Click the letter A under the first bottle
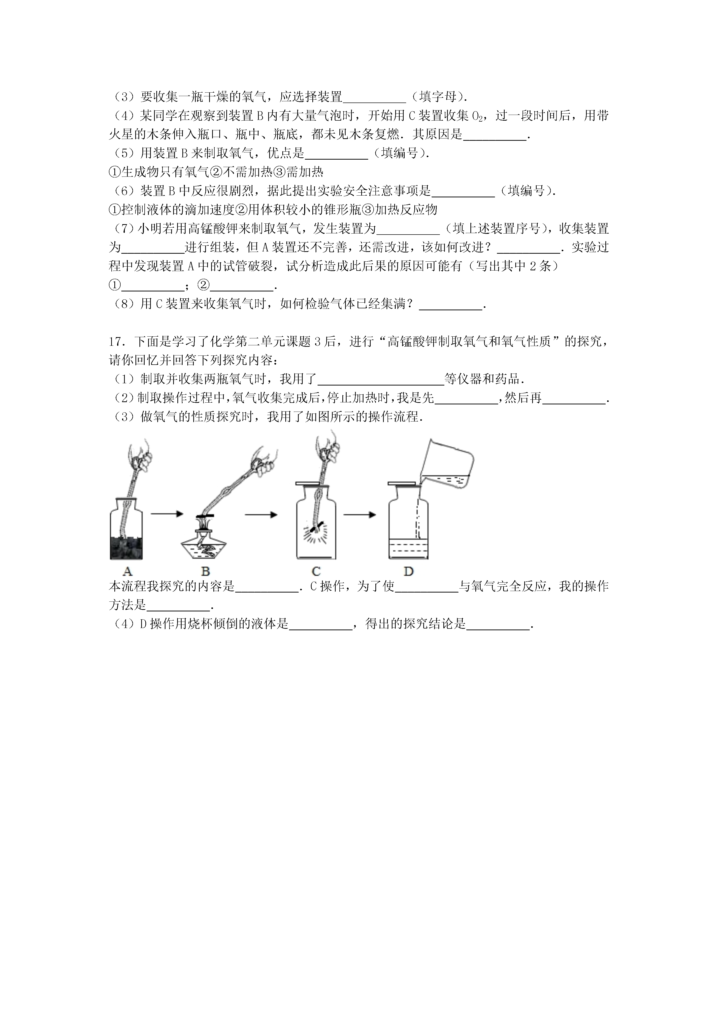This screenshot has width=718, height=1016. pyautogui.click(x=127, y=571)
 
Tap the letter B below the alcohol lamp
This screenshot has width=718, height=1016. pyautogui.click(x=205, y=571)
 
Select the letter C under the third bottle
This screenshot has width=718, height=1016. pyautogui.click(x=316, y=571)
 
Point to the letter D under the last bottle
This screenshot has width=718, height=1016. pyautogui.click(x=408, y=571)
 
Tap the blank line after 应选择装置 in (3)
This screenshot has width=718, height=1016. pyautogui.click(x=374, y=97)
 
